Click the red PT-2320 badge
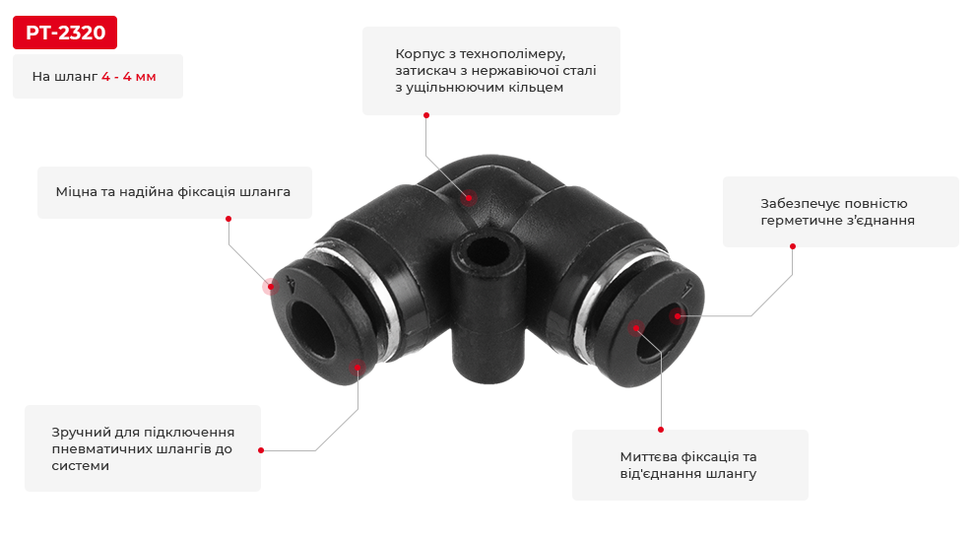point(65,33)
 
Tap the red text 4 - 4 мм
point(129,77)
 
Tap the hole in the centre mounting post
point(487,251)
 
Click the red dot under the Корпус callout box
point(425,115)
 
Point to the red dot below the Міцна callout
point(228,219)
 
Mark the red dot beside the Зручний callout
point(261,450)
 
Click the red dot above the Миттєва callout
point(661,430)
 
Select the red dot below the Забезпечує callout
point(793,246)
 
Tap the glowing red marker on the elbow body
point(468,198)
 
